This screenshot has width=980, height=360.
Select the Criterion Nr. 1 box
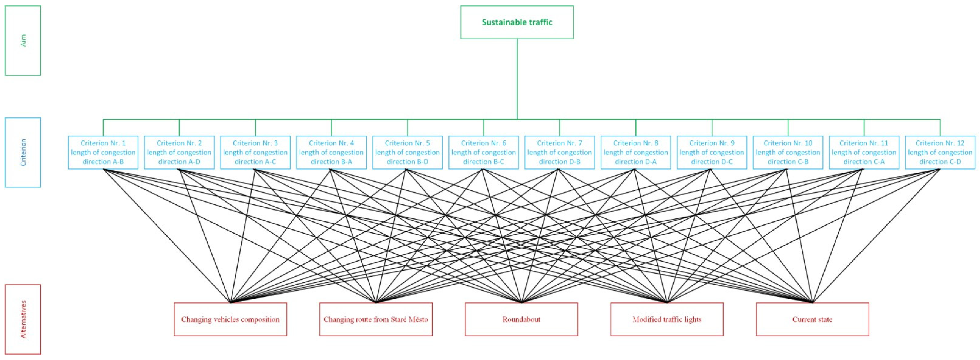(x=103, y=152)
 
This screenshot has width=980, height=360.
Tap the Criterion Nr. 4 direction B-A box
(x=331, y=152)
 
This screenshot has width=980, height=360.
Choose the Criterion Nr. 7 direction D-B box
(x=560, y=152)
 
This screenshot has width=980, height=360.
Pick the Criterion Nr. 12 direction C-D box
(x=940, y=152)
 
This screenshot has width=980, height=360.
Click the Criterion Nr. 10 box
(x=788, y=152)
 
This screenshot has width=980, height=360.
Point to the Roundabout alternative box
(x=521, y=319)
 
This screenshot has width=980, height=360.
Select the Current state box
(x=812, y=319)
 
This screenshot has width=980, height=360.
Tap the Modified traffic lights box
(x=667, y=319)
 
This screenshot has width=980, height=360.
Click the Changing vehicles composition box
(x=230, y=319)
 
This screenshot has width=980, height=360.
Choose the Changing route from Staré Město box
(x=376, y=319)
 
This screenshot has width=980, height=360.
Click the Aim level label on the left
(x=23, y=40)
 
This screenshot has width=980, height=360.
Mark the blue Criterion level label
(x=23, y=152)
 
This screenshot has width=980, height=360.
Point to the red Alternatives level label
(x=23, y=319)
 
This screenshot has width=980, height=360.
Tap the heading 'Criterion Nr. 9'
(x=712, y=143)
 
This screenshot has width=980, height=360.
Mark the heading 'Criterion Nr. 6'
(x=483, y=143)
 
